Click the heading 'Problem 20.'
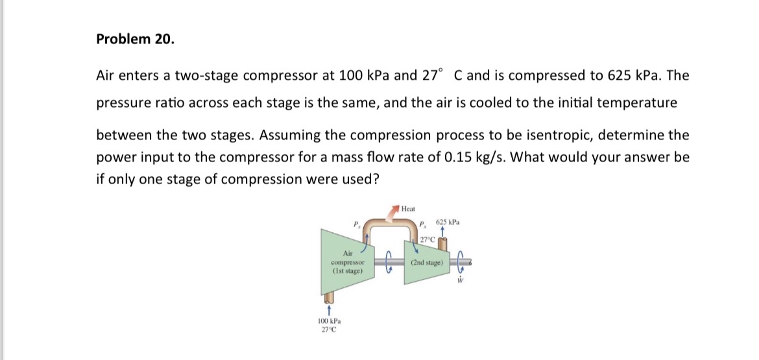[135, 39]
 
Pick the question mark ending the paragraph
[375, 179]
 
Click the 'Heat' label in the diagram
[408, 209]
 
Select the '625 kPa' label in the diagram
[448, 222]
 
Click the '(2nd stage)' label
[427, 263]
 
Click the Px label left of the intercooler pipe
[354, 225]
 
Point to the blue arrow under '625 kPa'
[442, 230]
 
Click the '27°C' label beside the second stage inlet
[427, 239]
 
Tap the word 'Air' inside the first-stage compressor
[347, 254]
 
